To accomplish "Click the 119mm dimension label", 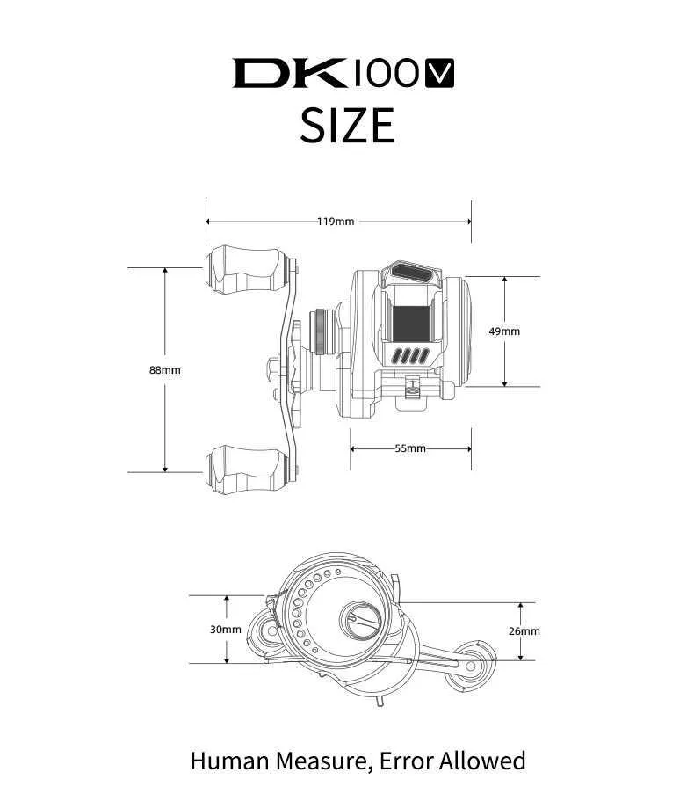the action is (336, 222).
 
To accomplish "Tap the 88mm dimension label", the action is (165, 370).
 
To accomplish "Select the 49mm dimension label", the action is (504, 331).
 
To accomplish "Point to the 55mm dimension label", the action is (410, 448).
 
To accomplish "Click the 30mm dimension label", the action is (226, 630).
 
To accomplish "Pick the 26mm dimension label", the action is (524, 631).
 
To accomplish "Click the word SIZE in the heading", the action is (348, 125).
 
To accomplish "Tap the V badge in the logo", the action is (439, 74).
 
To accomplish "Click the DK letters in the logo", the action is (289, 74).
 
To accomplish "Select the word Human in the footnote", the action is (229, 761).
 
